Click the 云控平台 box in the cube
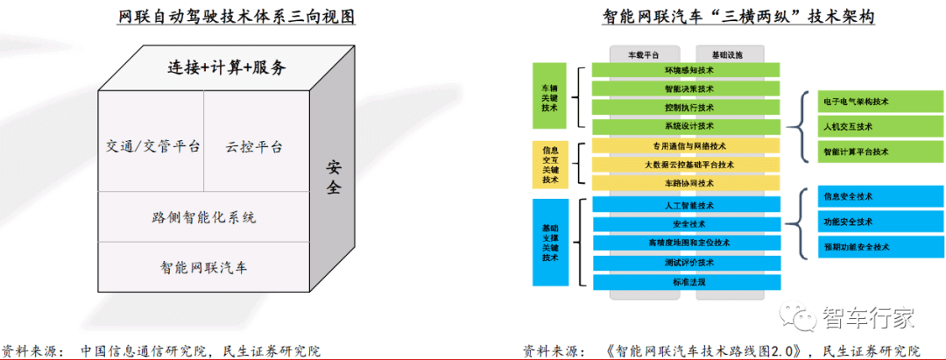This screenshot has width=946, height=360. pyautogui.click(x=254, y=146)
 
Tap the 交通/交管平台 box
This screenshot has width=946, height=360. pyautogui.click(x=151, y=146)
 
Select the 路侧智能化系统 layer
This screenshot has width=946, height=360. pyautogui.click(x=203, y=216)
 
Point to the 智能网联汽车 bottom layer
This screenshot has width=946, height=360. pyautogui.click(x=203, y=266)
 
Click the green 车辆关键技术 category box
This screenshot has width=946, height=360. pyautogui.click(x=550, y=96)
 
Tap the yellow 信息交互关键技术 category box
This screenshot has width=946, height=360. pyautogui.click(x=550, y=165)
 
